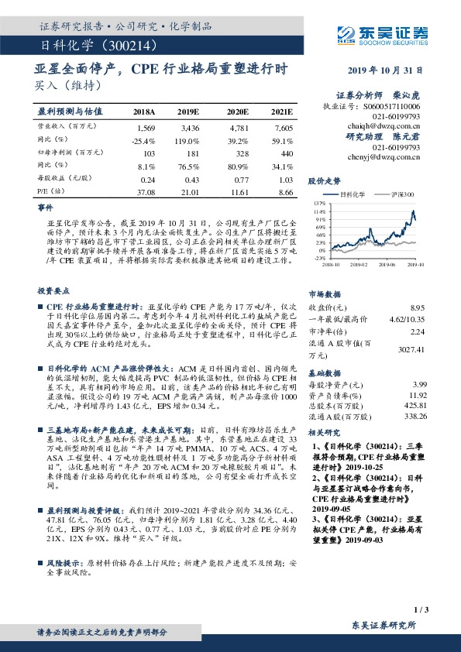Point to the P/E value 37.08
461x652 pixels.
[x=146, y=191]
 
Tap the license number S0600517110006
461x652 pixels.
[x=394, y=106]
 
